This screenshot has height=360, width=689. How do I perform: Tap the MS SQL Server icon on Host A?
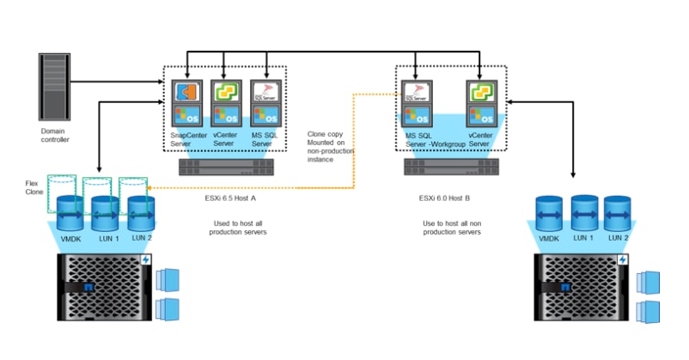pos(267,103)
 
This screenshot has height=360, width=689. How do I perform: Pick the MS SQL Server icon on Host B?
pos(417,103)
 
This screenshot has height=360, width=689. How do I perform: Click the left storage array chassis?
pos(104,293)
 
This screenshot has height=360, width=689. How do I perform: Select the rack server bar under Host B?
pos(450,165)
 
